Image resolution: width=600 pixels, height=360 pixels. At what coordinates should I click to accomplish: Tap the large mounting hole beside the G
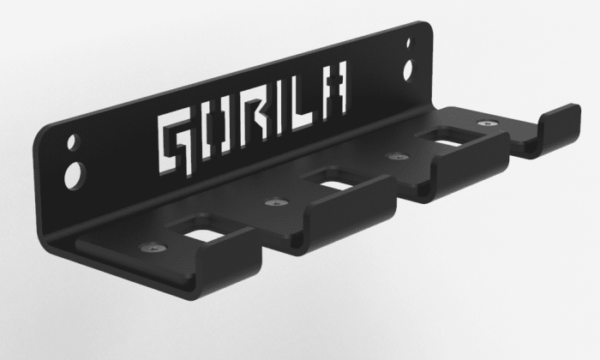pos(75,175)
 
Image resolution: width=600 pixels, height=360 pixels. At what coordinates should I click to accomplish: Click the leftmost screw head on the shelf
pos(152,247)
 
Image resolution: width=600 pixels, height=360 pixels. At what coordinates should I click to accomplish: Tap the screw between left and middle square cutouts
pos(273,203)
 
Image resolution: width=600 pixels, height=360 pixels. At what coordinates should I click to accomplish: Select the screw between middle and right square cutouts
pos(397,157)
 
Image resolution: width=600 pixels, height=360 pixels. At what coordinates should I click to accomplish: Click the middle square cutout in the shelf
pos(333,181)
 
